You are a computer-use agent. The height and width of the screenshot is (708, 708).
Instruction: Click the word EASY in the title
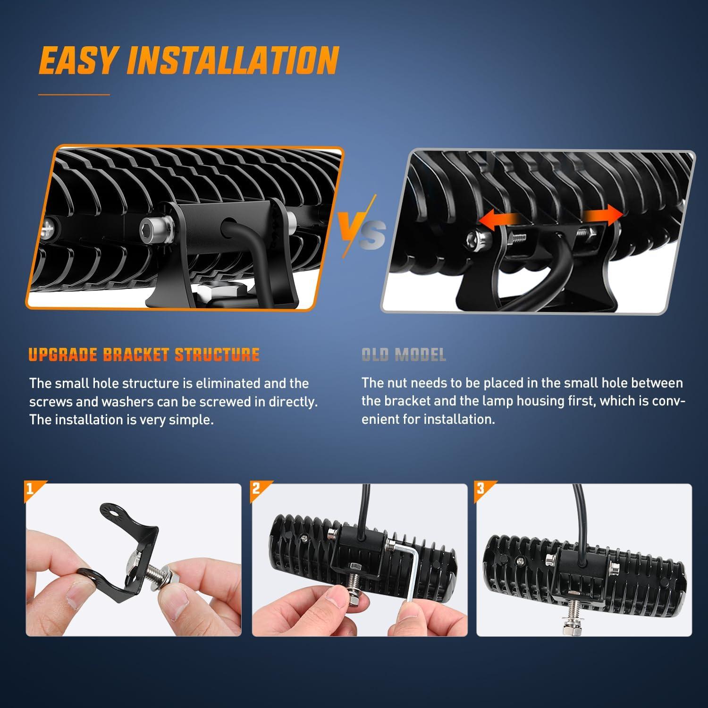(x=78, y=60)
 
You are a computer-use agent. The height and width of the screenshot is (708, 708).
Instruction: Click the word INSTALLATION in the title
(x=233, y=60)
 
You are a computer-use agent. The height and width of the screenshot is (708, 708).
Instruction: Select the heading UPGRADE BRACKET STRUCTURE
(x=144, y=354)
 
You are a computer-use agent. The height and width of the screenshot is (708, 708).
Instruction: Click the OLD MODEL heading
(x=404, y=354)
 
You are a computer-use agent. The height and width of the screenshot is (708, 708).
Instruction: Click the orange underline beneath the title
(x=74, y=95)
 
